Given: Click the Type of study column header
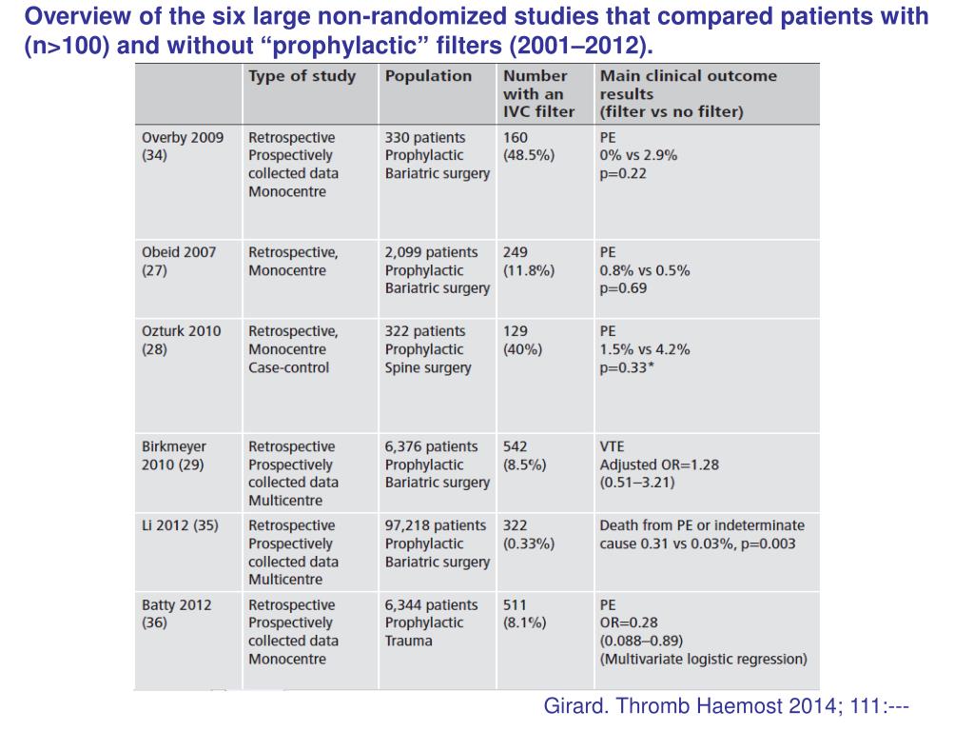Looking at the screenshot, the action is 302,76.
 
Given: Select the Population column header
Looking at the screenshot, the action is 428,76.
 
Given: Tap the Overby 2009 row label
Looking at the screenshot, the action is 183,146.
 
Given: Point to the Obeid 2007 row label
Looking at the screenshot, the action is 179,261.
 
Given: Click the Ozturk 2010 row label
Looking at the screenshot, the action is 182,340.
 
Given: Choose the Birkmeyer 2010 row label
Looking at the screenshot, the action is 174,456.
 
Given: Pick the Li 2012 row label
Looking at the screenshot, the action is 180,525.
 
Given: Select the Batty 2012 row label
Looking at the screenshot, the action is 176,614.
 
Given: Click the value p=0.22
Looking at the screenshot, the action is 623,173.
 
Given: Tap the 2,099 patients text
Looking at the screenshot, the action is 431,252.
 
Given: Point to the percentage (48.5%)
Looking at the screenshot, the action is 529,155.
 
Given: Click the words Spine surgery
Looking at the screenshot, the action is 428,367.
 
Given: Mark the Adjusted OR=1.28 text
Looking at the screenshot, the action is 659,464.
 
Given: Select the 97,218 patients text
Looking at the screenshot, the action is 436,525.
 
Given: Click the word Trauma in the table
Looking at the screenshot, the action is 408,641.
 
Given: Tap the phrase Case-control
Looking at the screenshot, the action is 289,367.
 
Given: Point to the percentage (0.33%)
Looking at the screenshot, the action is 529,543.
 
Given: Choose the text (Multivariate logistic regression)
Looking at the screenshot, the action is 703,659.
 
